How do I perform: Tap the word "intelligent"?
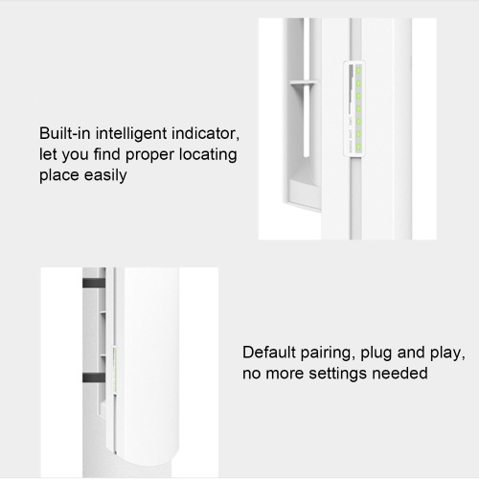(x=131, y=134)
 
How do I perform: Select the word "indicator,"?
(x=205, y=133)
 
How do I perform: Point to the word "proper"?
(x=149, y=155)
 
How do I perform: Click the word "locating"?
(x=208, y=155)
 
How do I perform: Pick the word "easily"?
(x=105, y=176)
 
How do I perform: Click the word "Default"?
(x=269, y=353)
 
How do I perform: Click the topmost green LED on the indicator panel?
(x=358, y=70)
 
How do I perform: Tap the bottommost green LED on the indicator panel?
(x=358, y=147)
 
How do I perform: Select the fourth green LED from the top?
(x=358, y=108)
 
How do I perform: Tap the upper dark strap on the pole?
(x=94, y=283)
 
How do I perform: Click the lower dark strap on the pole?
(x=94, y=377)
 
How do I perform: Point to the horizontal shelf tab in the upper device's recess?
(x=303, y=82)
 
